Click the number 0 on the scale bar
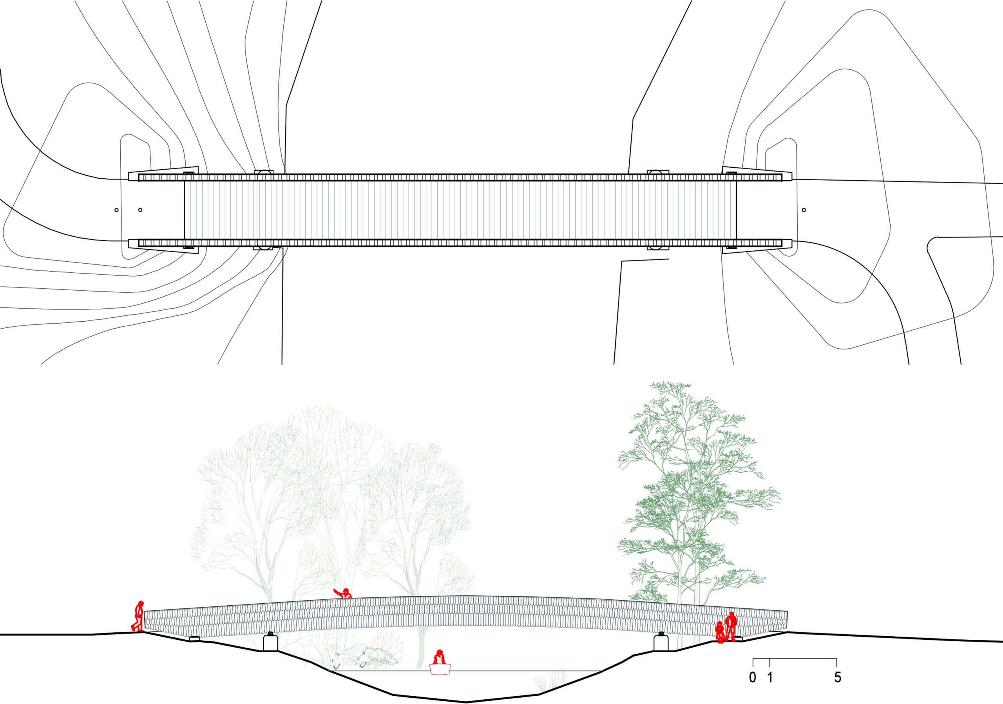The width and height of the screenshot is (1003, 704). coord(752,677)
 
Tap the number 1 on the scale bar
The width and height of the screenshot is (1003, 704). coord(770,677)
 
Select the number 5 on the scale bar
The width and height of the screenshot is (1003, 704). coord(837,677)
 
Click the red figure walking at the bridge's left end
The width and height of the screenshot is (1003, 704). coord(138,615)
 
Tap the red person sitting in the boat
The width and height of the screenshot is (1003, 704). coord(440,656)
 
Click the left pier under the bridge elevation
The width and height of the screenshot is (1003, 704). coord(271,642)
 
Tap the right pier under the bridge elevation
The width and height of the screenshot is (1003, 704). coord(661,642)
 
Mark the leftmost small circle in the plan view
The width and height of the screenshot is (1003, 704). coord(116,210)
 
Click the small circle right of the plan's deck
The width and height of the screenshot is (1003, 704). coord(804,210)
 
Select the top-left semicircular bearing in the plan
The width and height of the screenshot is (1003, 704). coord(263,172)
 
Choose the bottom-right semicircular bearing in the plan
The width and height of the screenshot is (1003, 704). coord(657,248)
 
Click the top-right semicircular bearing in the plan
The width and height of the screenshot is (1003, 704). coord(657,172)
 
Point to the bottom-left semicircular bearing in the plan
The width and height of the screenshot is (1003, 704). coord(263,248)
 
